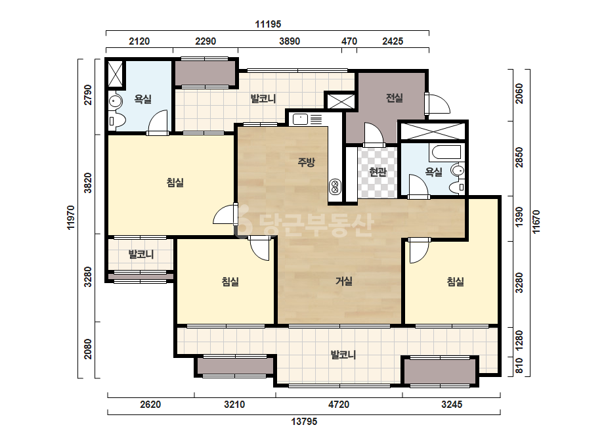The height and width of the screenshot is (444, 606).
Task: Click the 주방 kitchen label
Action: pos(306,162)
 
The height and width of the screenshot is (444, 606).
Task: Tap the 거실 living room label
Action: pos(343,281)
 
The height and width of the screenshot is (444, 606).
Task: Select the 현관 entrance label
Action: pos(378,171)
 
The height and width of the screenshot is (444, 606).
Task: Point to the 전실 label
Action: pos(394,98)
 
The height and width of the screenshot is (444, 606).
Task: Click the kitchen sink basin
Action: pos(300,119)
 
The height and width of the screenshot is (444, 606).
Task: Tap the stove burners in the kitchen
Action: pos(335,187)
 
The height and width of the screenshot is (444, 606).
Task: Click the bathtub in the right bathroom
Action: pos(446,152)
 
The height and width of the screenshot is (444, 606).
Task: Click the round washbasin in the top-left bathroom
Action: pos(115,101)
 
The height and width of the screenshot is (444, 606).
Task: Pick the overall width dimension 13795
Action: pos(304,421)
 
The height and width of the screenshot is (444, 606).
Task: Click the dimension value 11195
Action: pos(268,24)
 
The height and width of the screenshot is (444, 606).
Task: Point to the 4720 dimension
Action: pos(339,405)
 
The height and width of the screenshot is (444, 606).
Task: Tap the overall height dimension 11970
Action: pos(71,217)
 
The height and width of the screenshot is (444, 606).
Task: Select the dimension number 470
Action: pos(349,41)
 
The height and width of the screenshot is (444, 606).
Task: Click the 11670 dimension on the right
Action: pos(536,221)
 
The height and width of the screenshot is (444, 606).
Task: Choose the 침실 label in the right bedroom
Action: pos(455,281)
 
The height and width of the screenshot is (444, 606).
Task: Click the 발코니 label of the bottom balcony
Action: pos(343,354)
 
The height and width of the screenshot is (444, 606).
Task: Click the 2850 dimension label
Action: pos(519,158)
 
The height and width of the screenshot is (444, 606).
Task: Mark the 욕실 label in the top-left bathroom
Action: pos(142,99)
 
